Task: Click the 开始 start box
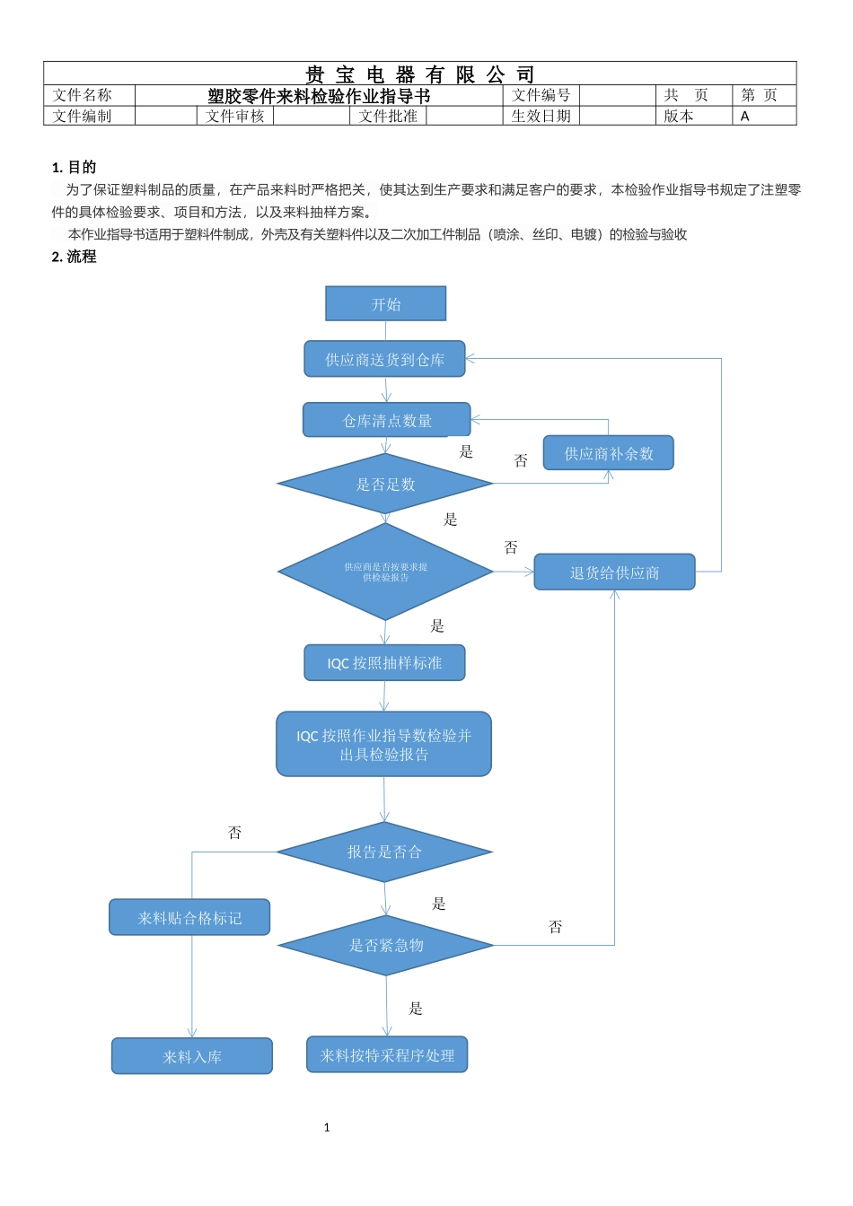coord(385,304)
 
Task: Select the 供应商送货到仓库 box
coord(384,359)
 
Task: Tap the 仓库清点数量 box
coord(386,420)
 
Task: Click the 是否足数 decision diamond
coord(385,485)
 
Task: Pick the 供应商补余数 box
coord(608,453)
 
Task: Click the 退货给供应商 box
coord(614,572)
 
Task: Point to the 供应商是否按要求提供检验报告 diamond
coord(385,572)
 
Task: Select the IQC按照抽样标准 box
coord(384,663)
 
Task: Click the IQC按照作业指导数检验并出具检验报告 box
coord(383,744)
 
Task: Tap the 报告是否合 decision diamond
coord(384,852)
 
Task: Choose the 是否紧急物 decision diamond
coord(386,945)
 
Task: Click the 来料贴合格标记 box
coord(189,918)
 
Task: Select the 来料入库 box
coord(191,1056)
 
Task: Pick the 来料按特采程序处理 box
coord(387,1055)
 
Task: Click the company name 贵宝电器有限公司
coord(419,74)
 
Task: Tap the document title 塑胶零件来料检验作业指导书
coord(319,96)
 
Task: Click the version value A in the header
coord(744,117)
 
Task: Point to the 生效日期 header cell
coord(541,117)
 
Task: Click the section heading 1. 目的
coord(74,167)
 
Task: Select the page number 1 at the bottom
coord(327,1127)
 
